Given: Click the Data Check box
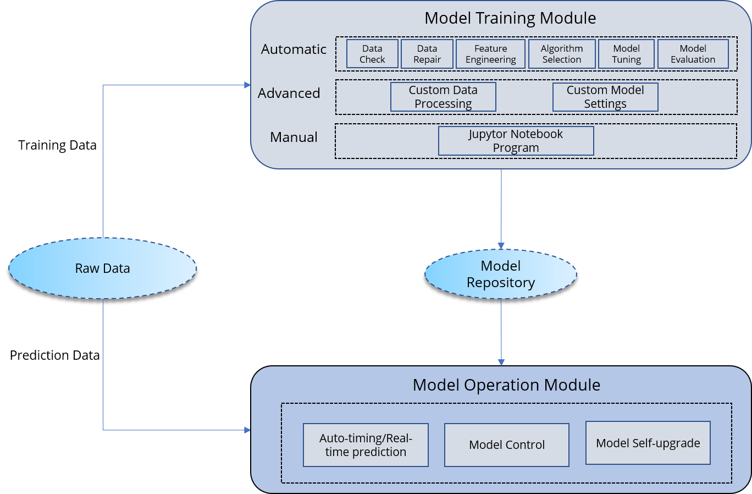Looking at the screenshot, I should coord(372,54).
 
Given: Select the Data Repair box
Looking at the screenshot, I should coord(427,54).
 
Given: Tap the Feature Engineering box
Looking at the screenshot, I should coord(491,54).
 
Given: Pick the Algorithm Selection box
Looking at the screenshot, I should coord(562,54).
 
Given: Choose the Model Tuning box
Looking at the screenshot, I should coord(627,54).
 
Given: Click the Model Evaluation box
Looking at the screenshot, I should coord(693,54).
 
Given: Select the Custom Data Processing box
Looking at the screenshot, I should coord(443,97).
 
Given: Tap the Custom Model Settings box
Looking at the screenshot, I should coord(605,97).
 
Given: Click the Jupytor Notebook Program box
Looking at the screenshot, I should coord(516,141).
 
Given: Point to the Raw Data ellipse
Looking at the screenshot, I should coord(103,268).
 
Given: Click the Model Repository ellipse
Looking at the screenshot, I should coord(501,274).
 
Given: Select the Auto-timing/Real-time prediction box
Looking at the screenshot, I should coord(366,445).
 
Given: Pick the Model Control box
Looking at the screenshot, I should coord(507,445).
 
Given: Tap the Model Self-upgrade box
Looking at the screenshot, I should coord(648,443).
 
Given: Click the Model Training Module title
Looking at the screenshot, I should coord(510,18).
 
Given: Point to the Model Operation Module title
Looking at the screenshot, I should coord(506,385).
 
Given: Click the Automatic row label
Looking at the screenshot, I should coord(294,50).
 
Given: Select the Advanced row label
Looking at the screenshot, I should coord(289,94).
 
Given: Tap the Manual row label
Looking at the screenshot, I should coord(294,138).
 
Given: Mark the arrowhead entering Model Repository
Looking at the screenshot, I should coord(501,246).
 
